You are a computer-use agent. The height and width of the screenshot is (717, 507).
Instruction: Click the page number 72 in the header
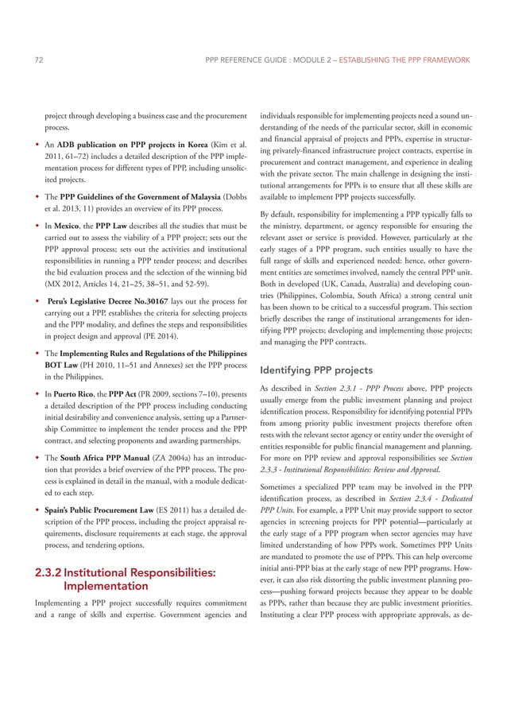[x=40, y=60]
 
